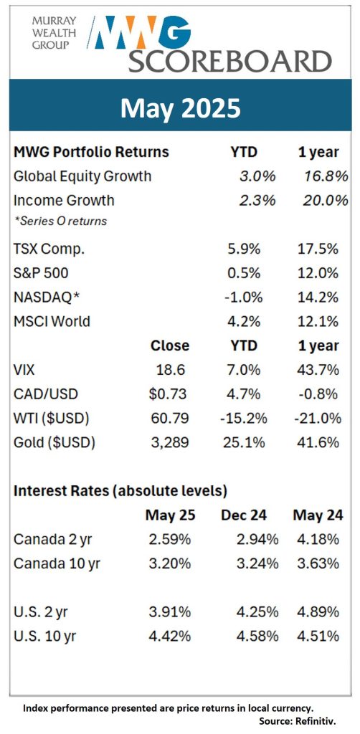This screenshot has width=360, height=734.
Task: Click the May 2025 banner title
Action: [x=180, y=108]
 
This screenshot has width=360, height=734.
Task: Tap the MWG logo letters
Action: [x=141, y=32]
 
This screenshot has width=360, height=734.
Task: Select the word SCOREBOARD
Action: [x=230, y=61]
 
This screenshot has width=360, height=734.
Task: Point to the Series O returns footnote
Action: [x=60, y=221]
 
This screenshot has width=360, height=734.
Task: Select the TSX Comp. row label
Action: [x=49, y=249]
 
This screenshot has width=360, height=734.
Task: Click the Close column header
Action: [x=170, y=346]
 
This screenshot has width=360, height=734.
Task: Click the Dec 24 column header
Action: [x=244, y=516]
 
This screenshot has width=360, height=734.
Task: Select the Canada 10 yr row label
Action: [x=57, y=563]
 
